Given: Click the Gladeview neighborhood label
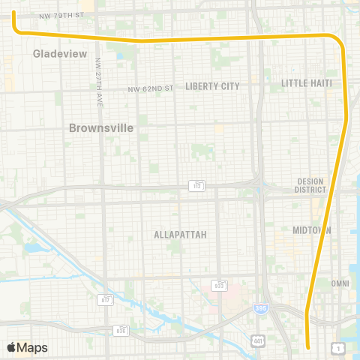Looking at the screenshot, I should click(60, 54).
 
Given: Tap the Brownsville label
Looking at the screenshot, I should click(101, 127).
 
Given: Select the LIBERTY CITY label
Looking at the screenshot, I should click(212, 86).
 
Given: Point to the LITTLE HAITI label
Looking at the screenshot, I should click(305, 82).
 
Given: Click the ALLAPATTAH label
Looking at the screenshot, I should click(180, 235).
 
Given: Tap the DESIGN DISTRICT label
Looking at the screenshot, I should click(310, 185).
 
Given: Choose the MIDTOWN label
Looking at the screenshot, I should click(312, 230).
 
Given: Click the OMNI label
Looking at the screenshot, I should click(340, 283).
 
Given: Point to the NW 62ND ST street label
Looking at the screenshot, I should click(150, 88).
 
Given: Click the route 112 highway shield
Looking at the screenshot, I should click(197, 184).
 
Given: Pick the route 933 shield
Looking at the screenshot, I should click(219, 285).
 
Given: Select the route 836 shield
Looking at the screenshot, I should click(121, 329).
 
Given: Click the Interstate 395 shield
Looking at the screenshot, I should click(259, 307).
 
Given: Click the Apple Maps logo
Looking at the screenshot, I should click(27, 347).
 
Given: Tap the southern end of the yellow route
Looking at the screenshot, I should click(309, 346).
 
